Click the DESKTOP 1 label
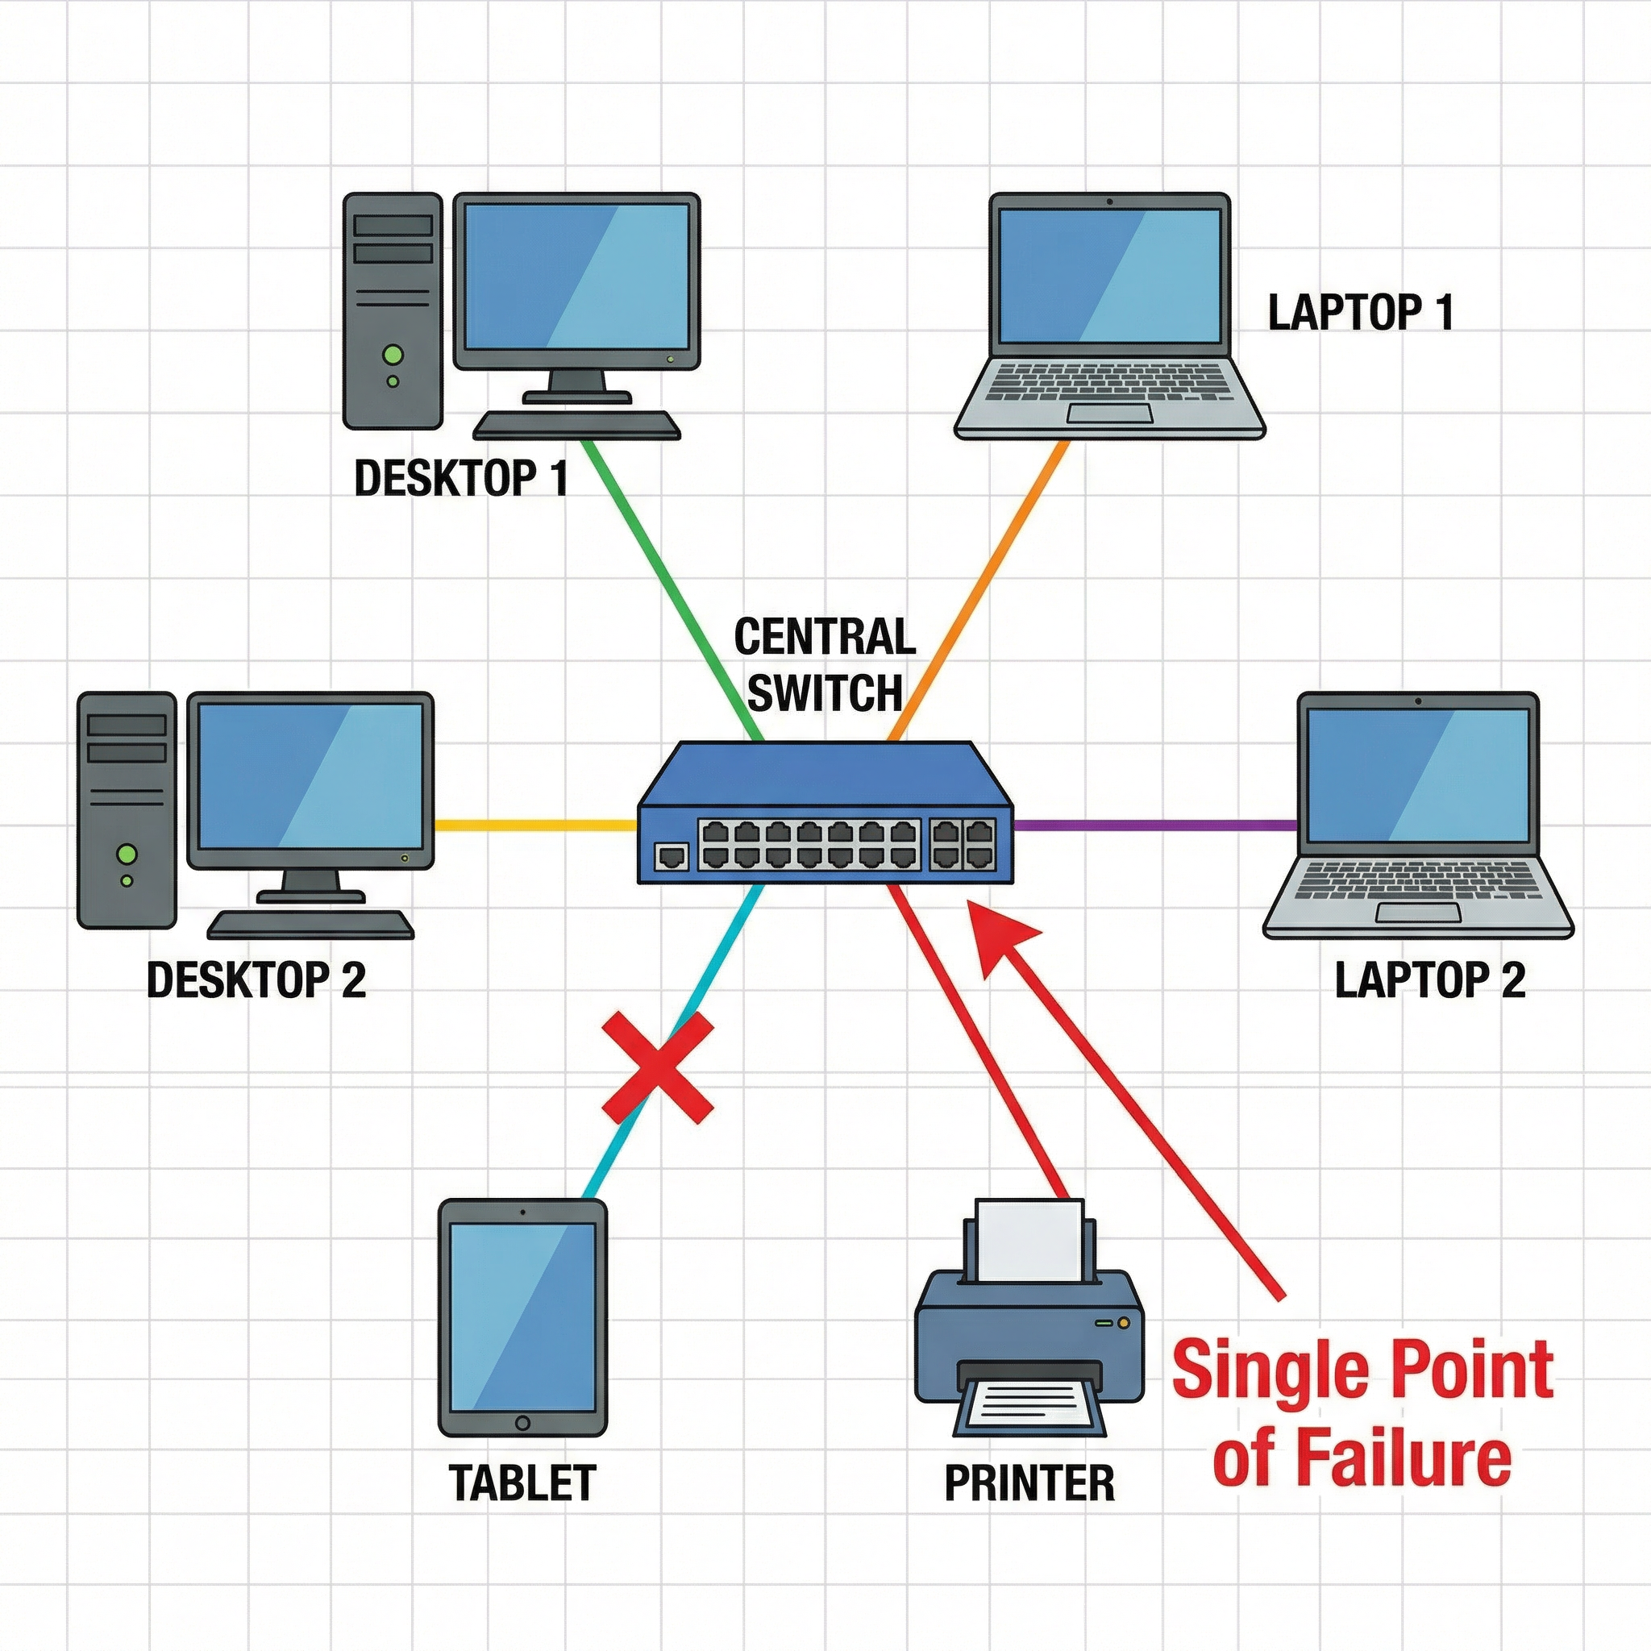[x=460, y=479]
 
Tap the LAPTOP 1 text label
[x=1360, y=313]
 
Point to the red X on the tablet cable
[x=657, y=1068]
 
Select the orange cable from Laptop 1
[x=979, y=589]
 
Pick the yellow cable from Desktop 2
[x=534, y=825]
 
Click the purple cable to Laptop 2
[x=1154, y=825]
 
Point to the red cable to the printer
[x=979, y=1042]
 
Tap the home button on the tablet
[x=522, y=1424]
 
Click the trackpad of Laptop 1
[x=1109, y=414]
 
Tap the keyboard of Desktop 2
[x=311, y=924]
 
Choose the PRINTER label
[x=1029, y=1483]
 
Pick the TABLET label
[x=522, y=1483]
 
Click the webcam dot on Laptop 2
[x=1418, y=701]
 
